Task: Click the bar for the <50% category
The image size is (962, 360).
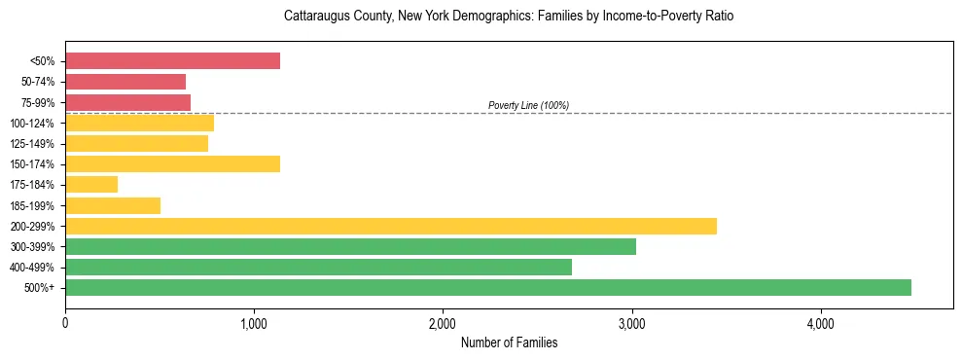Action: (172, 61)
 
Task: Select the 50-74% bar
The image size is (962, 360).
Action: (125, 82)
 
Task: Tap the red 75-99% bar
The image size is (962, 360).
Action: (127, 102)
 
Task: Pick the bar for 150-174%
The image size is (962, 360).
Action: (172, 164)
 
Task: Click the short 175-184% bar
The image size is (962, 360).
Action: (91, 185)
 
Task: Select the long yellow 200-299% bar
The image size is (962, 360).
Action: (391, 226)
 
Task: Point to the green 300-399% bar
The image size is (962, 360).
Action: (350, 246)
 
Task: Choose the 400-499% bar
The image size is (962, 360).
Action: (318, 267)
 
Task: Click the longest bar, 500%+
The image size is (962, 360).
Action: (488, 287)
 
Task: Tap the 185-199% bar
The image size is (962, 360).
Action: (113, 205)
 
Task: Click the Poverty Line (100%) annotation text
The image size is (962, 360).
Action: (528, 105)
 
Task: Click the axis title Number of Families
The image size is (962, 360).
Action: (509, 342)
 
